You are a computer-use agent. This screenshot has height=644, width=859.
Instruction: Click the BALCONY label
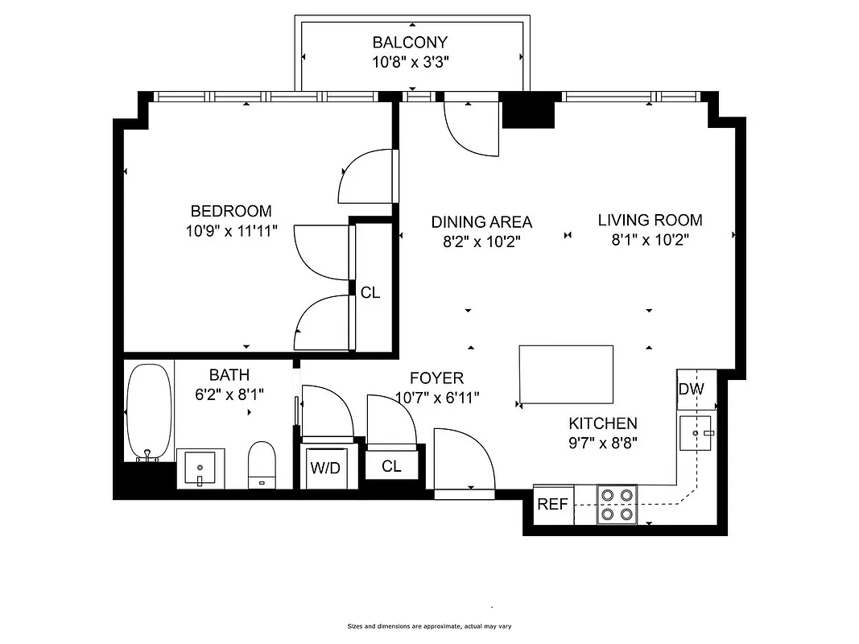(409, 43)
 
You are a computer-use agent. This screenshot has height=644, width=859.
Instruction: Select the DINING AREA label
(481, 222)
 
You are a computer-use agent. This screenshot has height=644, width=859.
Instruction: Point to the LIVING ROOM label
(650, 220)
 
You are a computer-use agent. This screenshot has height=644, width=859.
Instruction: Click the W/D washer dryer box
(325, 468)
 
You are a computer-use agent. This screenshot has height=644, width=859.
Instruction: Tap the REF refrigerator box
(553, 505)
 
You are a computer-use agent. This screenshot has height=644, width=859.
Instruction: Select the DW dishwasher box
(691, 390)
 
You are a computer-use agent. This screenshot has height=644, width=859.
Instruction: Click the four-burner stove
(617, 505)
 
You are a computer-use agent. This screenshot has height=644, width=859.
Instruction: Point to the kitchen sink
(697, 434)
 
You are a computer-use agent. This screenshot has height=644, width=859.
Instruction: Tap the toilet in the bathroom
(262, 465)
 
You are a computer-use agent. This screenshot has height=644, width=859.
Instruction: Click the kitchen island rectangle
(566, 374)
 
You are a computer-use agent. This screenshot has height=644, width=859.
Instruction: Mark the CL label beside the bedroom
(370, 293)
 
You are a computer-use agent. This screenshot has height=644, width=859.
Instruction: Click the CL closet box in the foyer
(392, 465)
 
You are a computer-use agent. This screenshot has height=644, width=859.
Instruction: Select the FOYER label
(436, 378)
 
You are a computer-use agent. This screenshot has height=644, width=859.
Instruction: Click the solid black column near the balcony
(528, 111)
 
